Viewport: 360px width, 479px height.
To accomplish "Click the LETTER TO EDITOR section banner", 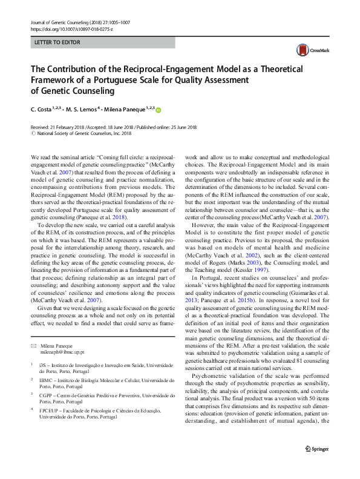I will [103, 43].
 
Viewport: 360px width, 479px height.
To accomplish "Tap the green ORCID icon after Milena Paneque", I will [160, 110].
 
